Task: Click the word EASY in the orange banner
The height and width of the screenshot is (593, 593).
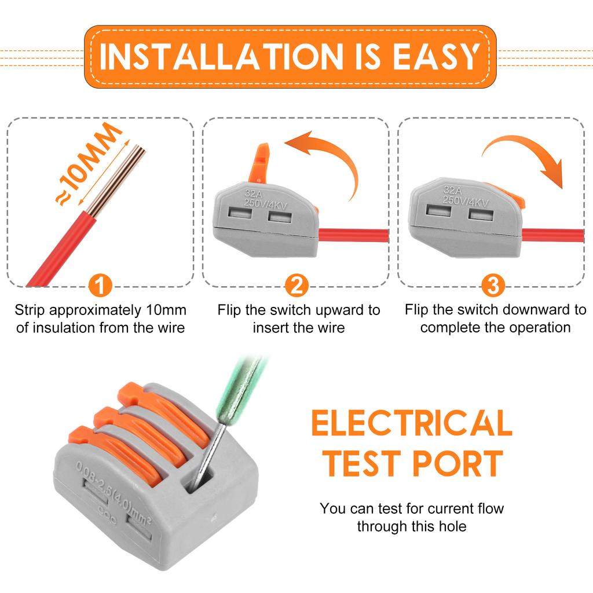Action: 437,57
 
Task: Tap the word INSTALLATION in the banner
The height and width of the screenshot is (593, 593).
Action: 221,57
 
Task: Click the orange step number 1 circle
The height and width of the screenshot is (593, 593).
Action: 100,285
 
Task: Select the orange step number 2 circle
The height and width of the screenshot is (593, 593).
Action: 296,285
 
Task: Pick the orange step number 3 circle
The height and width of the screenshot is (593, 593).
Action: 493,285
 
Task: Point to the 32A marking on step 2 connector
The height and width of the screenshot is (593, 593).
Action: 254,193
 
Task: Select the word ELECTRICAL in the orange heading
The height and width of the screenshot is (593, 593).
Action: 412,423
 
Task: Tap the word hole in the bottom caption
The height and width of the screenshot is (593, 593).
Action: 452,526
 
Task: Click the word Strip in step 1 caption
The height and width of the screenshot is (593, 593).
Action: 30,310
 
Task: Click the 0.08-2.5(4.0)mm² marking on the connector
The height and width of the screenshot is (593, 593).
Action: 114,492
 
